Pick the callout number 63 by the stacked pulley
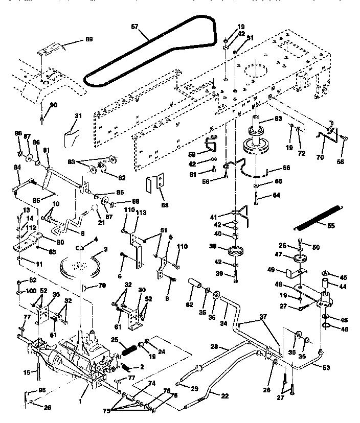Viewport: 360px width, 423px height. pos(278,119)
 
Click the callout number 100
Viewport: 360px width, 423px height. pos(31,291)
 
